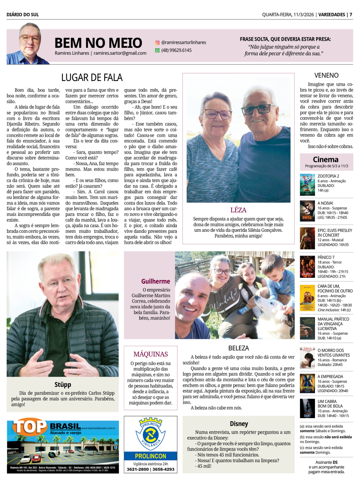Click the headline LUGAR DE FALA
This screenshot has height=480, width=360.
[x=92, y=78]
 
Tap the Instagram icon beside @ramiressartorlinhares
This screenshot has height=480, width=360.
[x=157, y=42]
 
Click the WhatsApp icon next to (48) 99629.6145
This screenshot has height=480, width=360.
[x=157, y=50]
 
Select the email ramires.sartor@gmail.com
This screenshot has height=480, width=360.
[x=120, y=53]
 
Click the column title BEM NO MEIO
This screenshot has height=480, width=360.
[x=98, y=43]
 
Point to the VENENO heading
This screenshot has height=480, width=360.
[x=326, y=76]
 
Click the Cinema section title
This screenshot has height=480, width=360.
[x=325, y=159]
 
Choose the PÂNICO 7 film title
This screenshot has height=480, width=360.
[x=326, y=257]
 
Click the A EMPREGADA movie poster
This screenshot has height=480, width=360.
[x=307, y=384]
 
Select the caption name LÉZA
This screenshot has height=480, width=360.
[x=238, y=210]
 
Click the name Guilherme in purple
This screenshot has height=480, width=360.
[x=156, y=281]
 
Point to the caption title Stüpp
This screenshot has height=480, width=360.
[x=63, y=385]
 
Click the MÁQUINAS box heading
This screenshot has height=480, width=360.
[x=150, y=354]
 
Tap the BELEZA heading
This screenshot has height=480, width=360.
[x=238, y=348]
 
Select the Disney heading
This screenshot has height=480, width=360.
[x=239, y=424]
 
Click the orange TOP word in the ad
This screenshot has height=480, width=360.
[x=30, y=427]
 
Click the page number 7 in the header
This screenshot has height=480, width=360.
[x=351, y=15]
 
